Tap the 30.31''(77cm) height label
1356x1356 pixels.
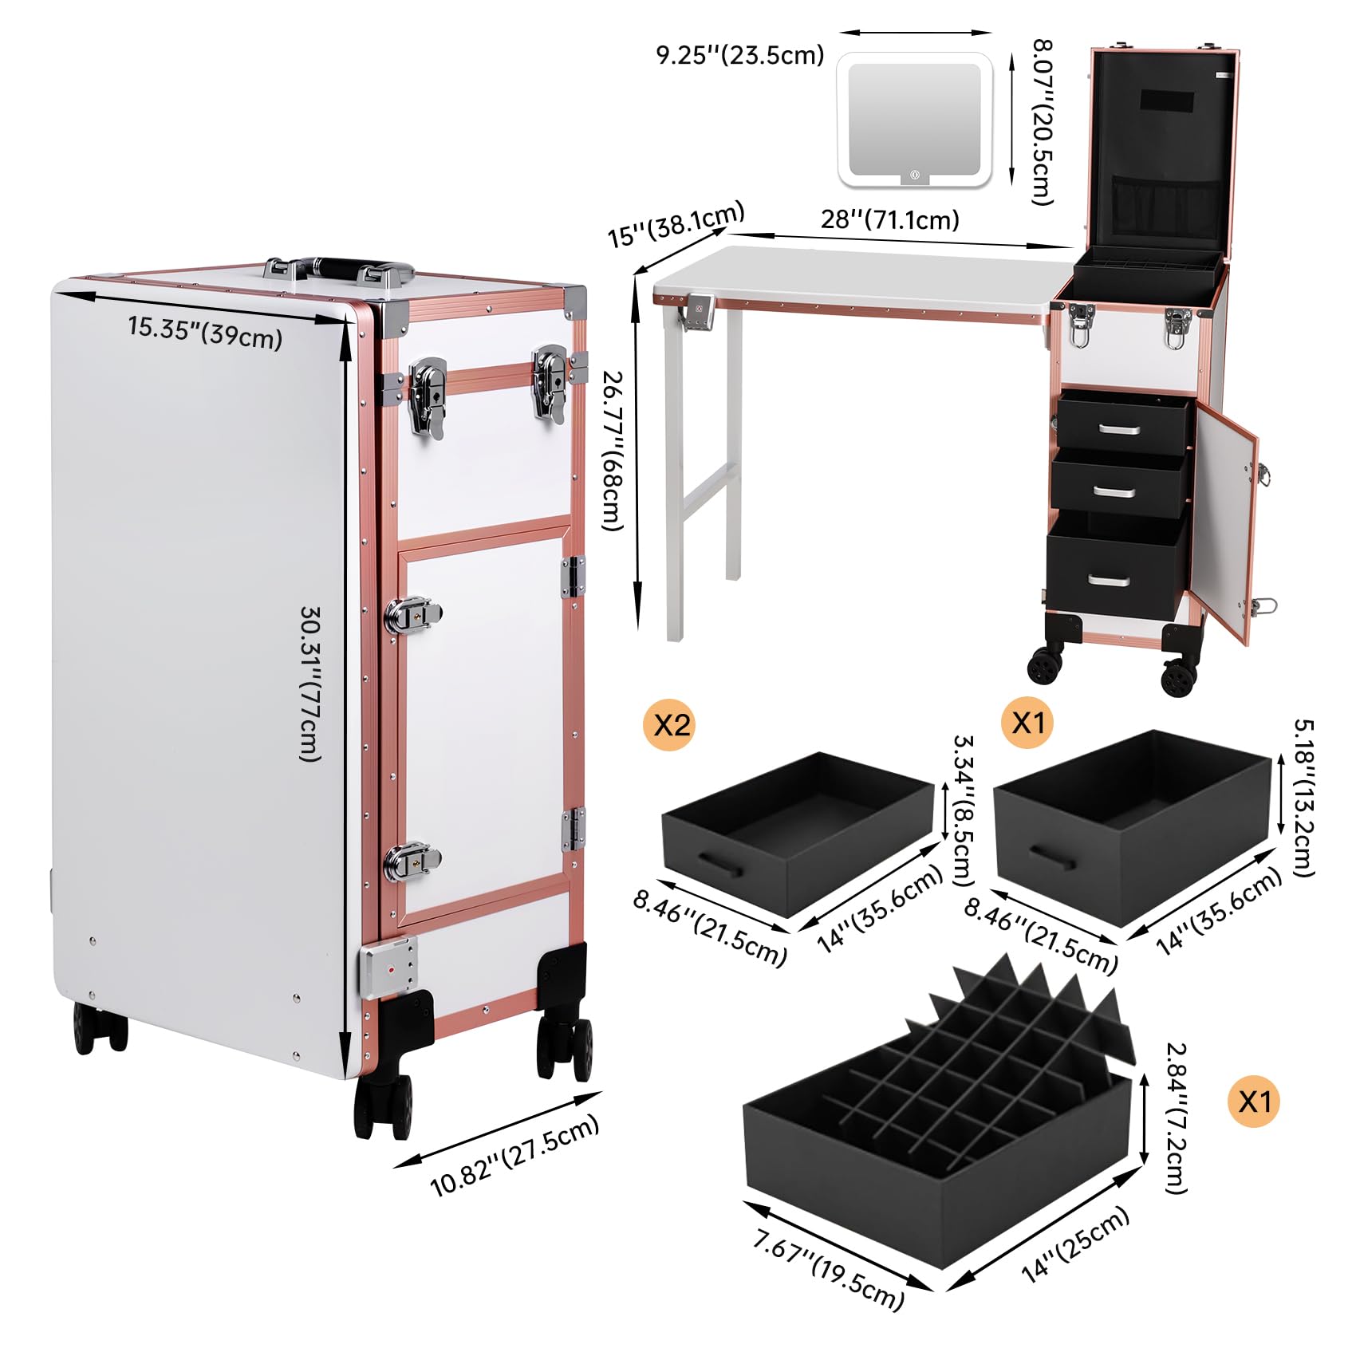coord(310,684)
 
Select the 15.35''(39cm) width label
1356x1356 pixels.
coord(205,333)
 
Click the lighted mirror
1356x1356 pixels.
coord(915,120)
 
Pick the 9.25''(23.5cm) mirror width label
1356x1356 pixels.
coord(739,55)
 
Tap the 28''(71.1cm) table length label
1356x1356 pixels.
coord(889,219)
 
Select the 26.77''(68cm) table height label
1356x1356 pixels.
coord(613,451)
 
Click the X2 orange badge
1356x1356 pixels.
coord(672,725)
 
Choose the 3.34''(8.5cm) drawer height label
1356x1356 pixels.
coord(964,810)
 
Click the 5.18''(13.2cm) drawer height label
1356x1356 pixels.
coord(1303,798)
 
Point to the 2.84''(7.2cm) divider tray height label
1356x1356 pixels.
coord(1176,1118)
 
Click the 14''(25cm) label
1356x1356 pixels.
coord(1076,1245)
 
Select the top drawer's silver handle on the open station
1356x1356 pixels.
coord(1119,430)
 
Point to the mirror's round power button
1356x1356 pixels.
coord(915,174)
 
